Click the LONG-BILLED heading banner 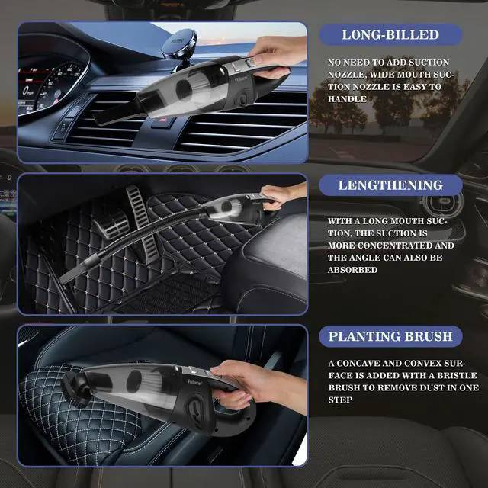click(x=390, y=34)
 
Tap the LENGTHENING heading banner click(x=390, y=185)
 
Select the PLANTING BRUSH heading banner click(x=390, y=335)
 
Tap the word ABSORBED click(x=353, y=270)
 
